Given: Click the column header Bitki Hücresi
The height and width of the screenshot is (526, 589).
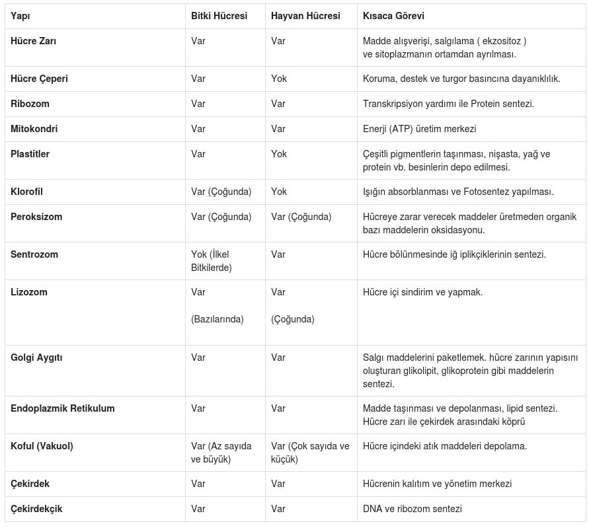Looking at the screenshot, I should [x=219, y=16].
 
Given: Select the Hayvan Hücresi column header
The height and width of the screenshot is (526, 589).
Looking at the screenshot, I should [x=305, y=16].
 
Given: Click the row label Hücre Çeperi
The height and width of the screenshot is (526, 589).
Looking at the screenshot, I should [x=39, y=79].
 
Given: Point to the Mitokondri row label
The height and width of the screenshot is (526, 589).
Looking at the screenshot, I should [x=34, y=129].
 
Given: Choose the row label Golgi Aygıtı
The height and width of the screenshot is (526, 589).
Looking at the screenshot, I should [x=36, y=357].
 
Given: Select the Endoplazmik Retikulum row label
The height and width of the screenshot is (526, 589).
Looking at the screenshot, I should [x=62, y=408].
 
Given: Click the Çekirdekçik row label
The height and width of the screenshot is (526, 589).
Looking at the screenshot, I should [x=36, y=509].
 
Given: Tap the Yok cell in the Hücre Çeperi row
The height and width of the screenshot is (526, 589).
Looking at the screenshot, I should [x=279, y=79].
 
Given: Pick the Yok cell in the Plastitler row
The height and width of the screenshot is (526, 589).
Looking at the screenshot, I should [x=279, y=154].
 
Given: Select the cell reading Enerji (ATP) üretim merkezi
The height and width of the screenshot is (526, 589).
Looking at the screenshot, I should [x=419, y=129].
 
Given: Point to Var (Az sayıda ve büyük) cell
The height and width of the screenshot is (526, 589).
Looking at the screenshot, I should [x=221, y=453].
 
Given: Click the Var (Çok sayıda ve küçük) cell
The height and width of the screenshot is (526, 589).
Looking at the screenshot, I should [x=310, y=453].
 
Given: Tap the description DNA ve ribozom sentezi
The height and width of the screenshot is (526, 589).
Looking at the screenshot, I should [x=412, y=509].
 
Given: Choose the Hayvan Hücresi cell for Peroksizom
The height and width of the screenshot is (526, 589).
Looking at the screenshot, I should [x=301, y=217].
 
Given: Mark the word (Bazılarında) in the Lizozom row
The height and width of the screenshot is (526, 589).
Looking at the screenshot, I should [x=217, y=319].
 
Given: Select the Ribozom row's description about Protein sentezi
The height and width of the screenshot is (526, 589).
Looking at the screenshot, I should [x=448, y=104].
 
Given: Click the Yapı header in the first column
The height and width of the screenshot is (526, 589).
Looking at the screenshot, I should [x=20, y=16].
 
